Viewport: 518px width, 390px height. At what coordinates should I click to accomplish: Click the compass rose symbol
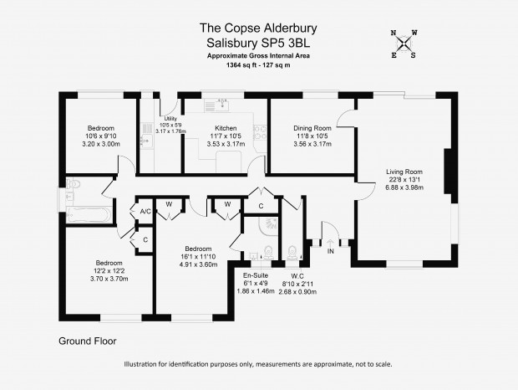404,44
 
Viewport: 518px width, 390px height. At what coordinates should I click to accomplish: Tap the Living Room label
404,172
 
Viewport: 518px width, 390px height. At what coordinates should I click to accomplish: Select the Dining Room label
312,128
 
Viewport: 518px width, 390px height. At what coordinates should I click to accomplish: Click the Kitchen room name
226,128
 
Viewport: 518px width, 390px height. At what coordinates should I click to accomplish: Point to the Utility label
170,118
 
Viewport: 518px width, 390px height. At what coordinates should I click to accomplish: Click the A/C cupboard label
145,212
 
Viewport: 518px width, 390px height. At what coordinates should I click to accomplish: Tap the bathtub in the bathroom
89,215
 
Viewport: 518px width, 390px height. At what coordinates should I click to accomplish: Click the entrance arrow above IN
330,244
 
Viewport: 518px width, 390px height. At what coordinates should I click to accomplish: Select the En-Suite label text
256,275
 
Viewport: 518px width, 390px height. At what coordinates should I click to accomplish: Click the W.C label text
297,276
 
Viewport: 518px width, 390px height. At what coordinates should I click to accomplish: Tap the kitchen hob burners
260,132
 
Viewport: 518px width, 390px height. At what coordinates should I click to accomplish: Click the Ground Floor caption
88,341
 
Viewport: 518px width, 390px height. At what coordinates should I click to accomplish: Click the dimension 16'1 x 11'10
198,256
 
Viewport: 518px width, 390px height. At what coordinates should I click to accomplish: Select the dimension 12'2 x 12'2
109,270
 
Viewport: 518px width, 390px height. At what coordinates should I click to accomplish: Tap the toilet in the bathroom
74,183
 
